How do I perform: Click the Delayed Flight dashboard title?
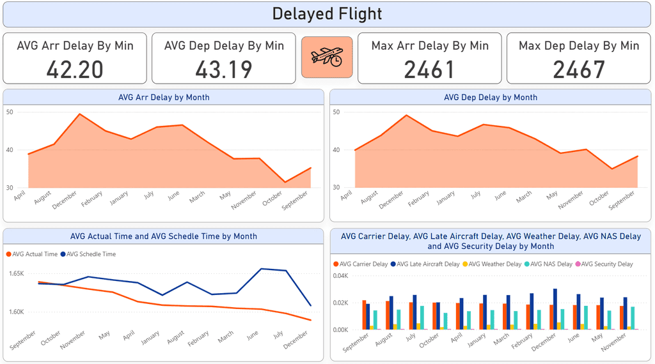pos(327,13)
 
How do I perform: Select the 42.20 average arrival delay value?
pos(75,69)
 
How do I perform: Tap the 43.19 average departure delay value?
pos(224,69)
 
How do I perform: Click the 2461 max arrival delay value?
pos(429,69)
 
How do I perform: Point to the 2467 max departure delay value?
pos(579,69)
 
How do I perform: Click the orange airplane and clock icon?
pos(327,57)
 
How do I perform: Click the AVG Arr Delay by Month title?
pos(164,97)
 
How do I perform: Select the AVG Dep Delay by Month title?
pos(490,97)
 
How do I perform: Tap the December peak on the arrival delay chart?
pos(79,114)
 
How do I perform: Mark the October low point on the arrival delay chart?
pos(285,182)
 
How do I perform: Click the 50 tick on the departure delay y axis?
pos(337,112)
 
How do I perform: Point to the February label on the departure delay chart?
pos(420,199)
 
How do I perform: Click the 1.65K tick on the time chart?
pos(16,273)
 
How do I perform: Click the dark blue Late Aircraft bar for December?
pos(555,309)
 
